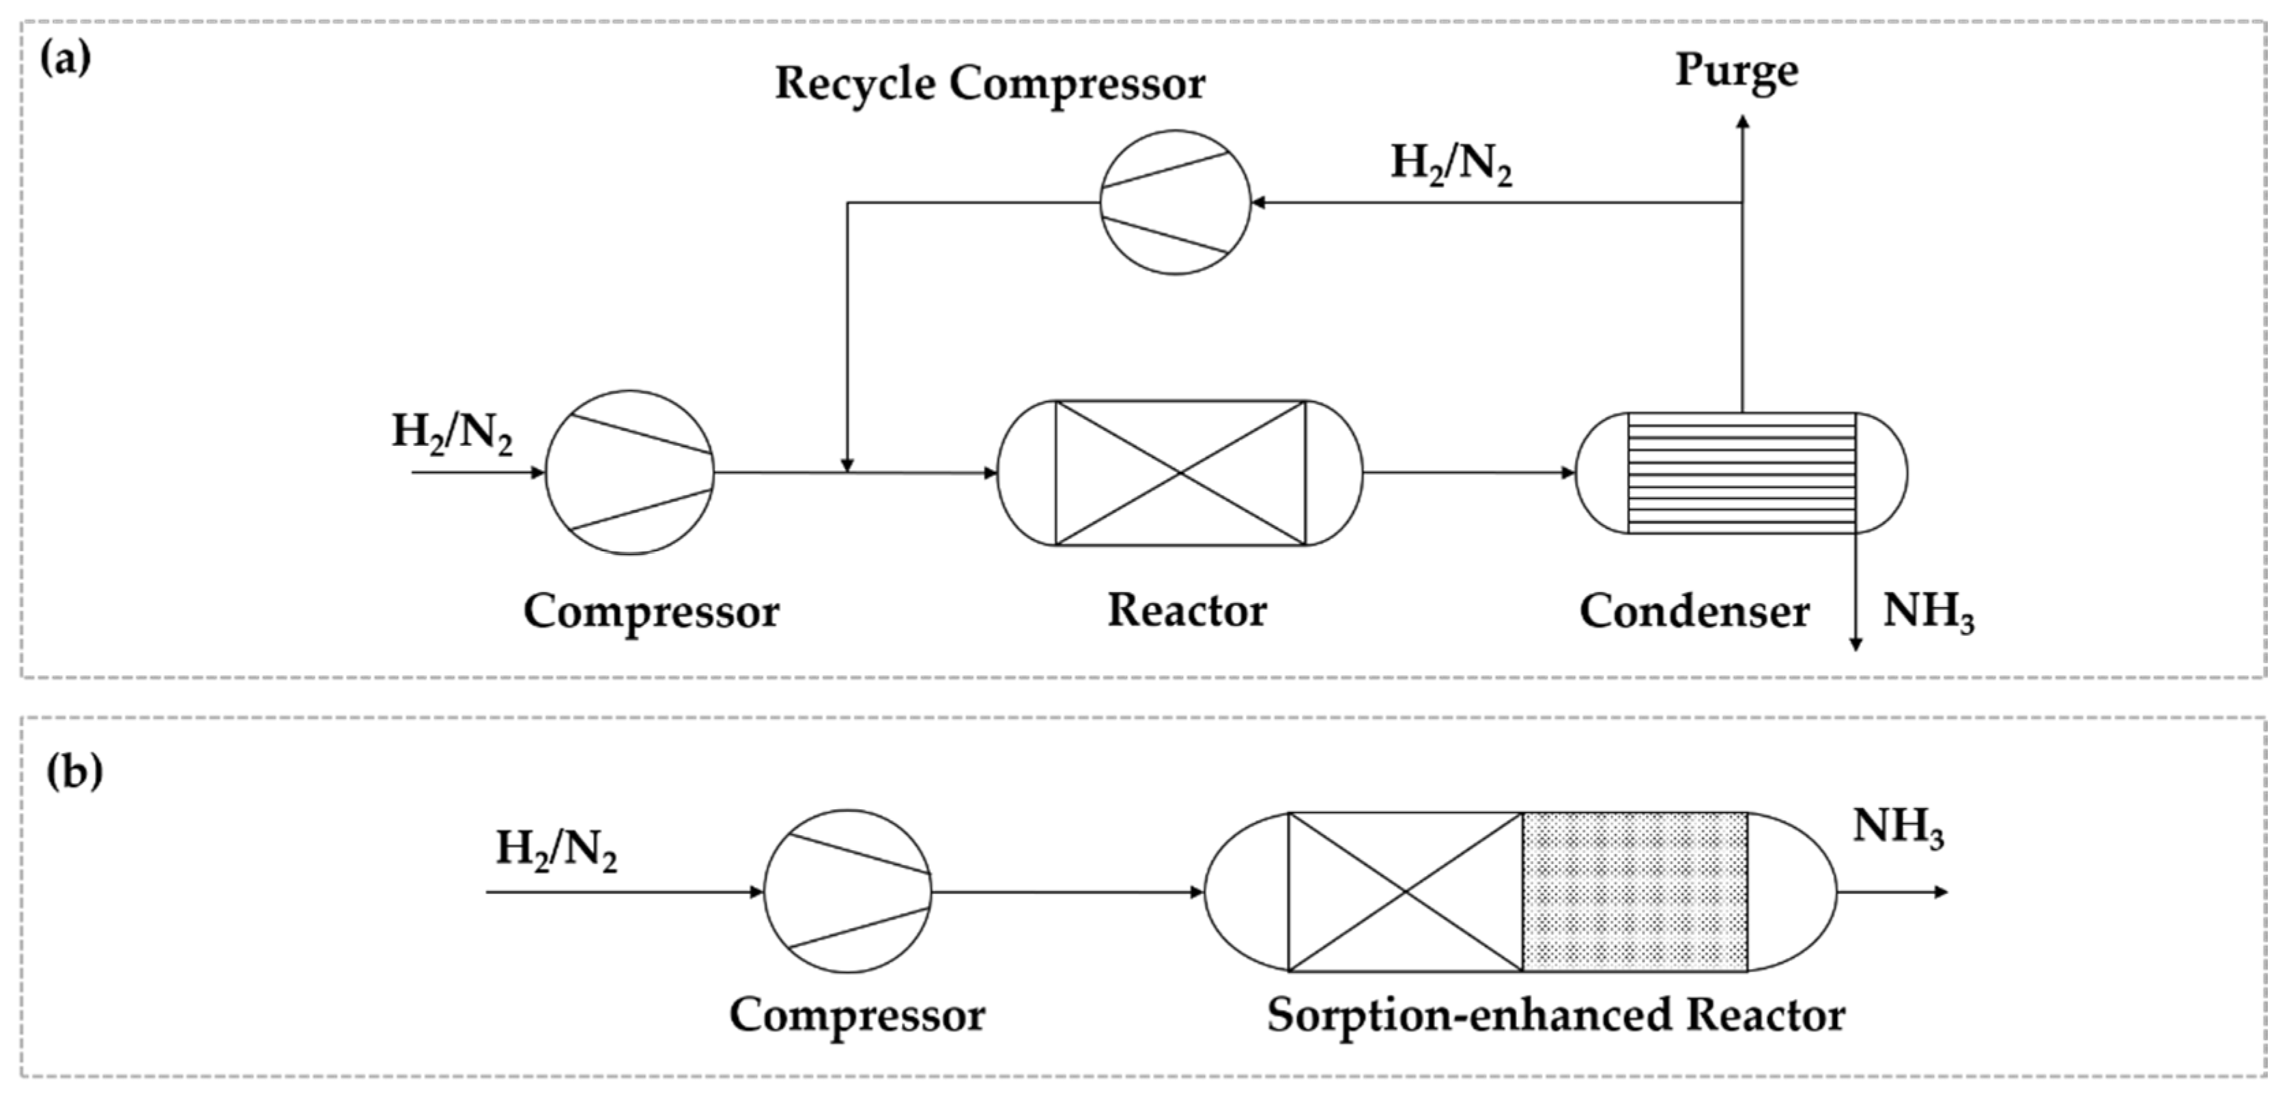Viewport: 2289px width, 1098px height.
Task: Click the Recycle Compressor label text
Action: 989,85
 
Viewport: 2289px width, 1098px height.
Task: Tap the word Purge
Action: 1735,71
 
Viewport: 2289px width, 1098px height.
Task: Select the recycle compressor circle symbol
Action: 1175,203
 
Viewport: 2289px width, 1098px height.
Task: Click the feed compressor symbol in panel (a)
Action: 629,472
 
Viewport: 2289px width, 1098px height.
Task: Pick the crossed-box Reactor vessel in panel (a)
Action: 1180,472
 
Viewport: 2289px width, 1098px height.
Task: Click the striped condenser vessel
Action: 1741,472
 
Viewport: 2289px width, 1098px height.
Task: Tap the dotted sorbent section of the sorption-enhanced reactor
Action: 1635,892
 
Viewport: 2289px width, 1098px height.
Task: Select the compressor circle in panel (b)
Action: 848,892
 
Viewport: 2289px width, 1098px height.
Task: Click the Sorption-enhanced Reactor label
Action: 1555,1015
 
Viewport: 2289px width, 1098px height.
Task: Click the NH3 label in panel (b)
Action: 1898,828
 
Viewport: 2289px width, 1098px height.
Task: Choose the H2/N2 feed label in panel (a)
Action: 453,434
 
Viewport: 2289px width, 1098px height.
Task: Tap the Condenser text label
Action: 1694,612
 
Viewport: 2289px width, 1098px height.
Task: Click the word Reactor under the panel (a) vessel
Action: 1186,610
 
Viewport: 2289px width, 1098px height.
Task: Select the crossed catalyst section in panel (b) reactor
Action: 1405,892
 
